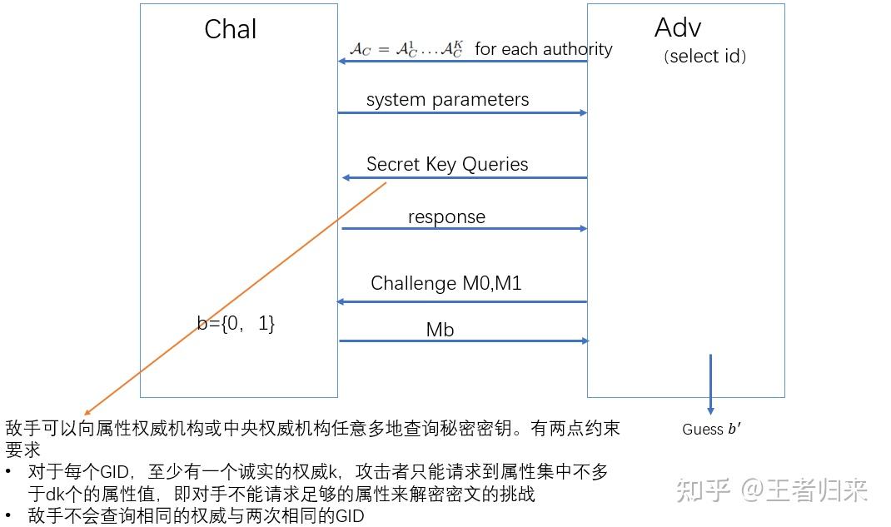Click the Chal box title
point(231,29)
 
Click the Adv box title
point(678,27)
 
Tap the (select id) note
point(704,57)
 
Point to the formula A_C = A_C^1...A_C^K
point(406,49)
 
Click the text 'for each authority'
point(543,49)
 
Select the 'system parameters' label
point(447,100)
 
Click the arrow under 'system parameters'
point(462,112)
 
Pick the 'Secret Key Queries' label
point(447,164)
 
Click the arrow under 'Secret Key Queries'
point(464,177)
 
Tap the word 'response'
point(446,216)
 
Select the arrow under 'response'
point(464,228)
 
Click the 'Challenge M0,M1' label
point(445,283)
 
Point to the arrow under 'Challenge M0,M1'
point(462,301)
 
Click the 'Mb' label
point(440,330)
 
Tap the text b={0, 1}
point(236,324)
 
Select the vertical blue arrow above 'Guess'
point(710,383)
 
